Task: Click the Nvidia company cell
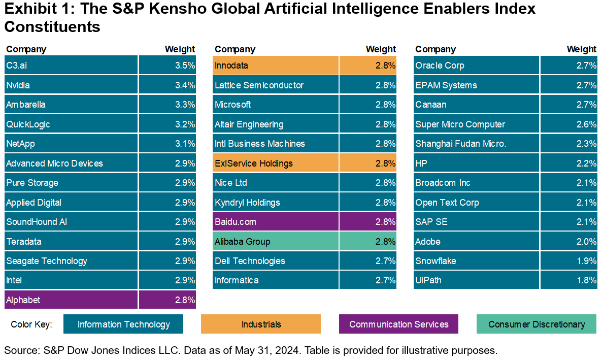(x=71, y=85)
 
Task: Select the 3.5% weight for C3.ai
(x=167, y=65)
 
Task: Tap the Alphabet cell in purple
(x=71, y=300)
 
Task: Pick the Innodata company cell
(x=276, y=65)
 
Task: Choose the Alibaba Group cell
(x=276, y=241)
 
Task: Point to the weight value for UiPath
(x=568, y=280)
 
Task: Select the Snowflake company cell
(x=476, y=260)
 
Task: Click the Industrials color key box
(x=261, y=324)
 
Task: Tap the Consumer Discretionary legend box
(x=537, y=324)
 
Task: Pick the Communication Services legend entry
(x=398, y=324)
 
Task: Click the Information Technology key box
(x=123, y=324)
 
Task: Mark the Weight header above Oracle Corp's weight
(x=581, y=49)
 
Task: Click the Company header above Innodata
(x=235, y=49)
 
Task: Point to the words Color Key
(x=31, y=324)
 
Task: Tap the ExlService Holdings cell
(x=276, y=163)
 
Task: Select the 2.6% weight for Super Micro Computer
(x=568, y=124)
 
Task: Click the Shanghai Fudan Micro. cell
(x=476, y=144)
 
